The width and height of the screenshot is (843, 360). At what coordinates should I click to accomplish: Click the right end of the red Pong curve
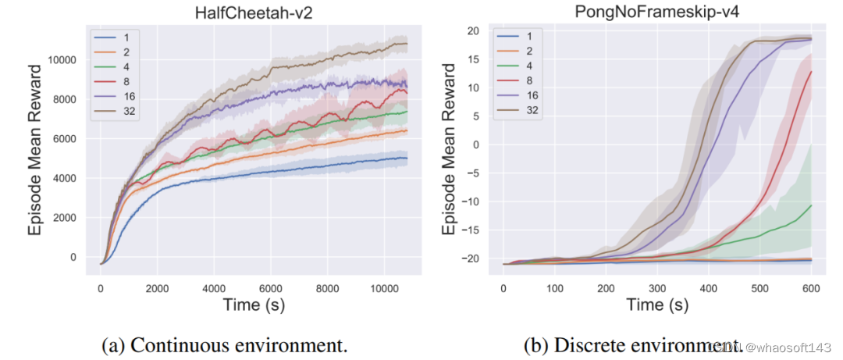(811, 72)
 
